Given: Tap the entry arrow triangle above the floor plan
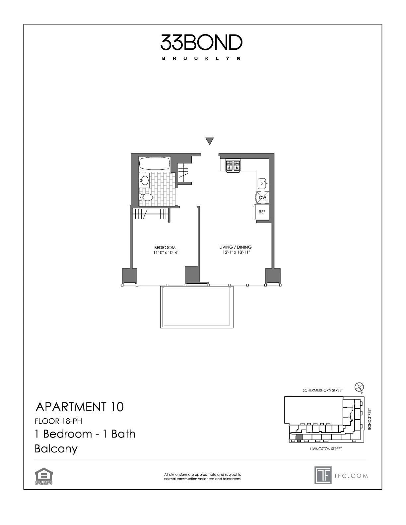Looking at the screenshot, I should tap(209, 141).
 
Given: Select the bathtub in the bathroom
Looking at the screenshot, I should tap(155, 163).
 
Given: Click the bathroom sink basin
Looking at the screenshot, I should tap(145, 181).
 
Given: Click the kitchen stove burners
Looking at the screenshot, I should tap(233, 165).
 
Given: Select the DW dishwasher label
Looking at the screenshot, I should tap(263, 198).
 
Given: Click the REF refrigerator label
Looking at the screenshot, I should tap(262, 212).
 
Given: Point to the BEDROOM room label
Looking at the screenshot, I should tap(165, 248).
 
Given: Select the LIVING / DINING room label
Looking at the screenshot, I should tap(236, 247).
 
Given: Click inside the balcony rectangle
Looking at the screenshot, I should tap(197, 307).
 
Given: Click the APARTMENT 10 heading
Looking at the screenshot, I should tap(79, 407).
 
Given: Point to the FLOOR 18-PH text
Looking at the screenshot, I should tap(58, 421).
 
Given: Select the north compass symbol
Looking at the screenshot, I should tap(359, 387).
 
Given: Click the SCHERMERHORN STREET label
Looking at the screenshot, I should tap(323, 390).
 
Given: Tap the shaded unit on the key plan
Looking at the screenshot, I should tap(299, 438).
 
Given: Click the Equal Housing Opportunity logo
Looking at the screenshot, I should tap(44, 476).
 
